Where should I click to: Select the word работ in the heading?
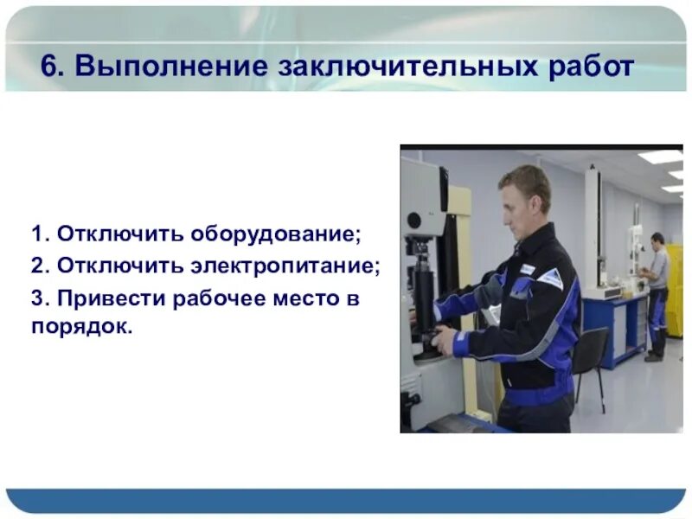tap(589, 67)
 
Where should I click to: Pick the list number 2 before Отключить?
tap(36, 266)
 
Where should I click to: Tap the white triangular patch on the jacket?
tap(549, 279)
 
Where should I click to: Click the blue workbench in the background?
tap(616, 320)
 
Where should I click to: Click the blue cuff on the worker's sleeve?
tap(460, 343)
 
